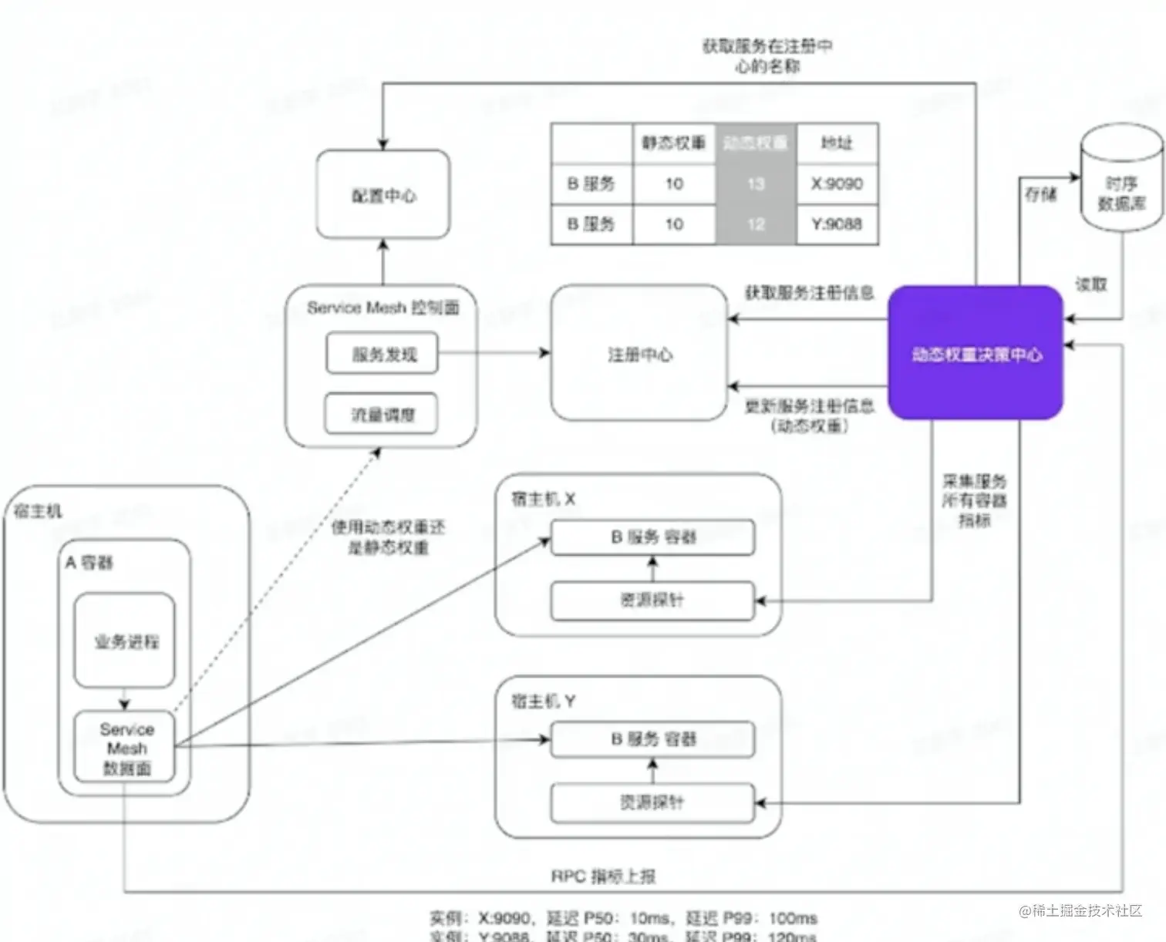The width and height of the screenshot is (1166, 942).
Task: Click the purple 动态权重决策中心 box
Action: [976, 353]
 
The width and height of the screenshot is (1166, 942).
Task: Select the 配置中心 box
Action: [383, 195]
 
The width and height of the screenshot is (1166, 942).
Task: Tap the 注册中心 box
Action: [639, 354]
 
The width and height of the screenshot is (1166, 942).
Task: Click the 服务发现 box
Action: [382, 354]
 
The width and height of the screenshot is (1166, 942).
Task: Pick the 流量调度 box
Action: [382, 415]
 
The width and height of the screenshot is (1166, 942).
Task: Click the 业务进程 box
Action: [125, 641]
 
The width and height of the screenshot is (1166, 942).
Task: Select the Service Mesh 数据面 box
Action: [125, 748]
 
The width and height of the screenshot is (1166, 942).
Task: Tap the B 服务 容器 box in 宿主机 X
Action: [652, 537]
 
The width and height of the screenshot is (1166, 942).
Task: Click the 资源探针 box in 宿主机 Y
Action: [652, 802]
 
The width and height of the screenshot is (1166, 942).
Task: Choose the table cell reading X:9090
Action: [837, 183]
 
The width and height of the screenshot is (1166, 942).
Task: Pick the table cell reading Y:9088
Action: [837, 224]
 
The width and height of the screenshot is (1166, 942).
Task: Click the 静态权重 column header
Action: [674, 143]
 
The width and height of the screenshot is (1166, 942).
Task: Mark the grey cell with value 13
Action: [756, 183]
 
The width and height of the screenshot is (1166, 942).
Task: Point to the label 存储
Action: [1040, 194]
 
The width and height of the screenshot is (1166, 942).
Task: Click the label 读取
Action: [1091, 284]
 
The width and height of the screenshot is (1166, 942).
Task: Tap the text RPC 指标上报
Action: [603, 876]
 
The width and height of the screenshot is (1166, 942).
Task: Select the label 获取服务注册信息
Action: [808, 292]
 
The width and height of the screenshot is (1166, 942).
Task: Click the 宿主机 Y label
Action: [543, 701]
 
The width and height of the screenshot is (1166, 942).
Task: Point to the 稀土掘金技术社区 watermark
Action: [1080, 910]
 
